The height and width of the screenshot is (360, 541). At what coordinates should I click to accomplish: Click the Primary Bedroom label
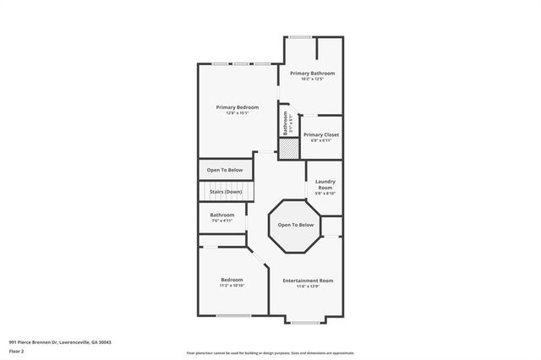click(237, 107)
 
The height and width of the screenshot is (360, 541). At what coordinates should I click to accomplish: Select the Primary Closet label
click(320, 135)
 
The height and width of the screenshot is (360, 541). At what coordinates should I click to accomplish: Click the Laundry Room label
click(325, 184)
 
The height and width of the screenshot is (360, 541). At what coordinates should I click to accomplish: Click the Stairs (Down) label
click(226, 192)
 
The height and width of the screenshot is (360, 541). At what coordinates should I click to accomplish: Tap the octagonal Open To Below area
click(296, 225)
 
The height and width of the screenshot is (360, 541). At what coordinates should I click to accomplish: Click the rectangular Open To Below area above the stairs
click(225, 169)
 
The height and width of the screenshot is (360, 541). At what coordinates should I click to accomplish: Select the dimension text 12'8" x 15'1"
click(237, 113)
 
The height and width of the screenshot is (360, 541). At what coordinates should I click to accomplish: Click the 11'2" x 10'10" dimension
click(232, 286)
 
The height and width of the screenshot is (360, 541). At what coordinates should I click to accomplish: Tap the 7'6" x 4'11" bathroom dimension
click(222, 221)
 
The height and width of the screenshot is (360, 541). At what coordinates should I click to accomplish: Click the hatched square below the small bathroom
click(289, 148)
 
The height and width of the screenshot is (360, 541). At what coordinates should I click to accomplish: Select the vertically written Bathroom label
click(285, 123)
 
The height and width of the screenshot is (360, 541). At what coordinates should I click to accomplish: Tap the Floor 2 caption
click(16, 350)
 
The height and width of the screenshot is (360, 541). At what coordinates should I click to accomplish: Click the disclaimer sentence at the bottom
click(270, 353)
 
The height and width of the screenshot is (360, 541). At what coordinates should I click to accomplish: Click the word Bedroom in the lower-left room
click(232, 280)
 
